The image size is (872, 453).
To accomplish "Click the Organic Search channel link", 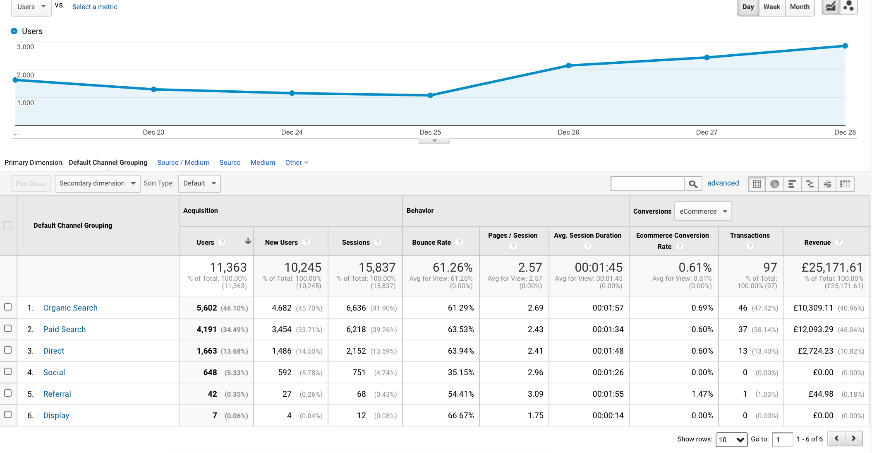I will pyautogui.click(x=70, y=308).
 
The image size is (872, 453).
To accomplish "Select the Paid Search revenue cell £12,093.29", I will pyautogui.click(x=813, y=330).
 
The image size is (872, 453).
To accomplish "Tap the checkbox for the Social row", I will pyautogui.click(x=8, y=371).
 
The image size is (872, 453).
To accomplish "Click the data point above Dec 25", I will pyautogui.click(x=430, y=95).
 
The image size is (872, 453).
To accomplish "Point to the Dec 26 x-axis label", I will pyautogui.click(x=568, y=132).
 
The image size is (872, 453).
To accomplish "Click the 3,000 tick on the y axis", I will pyautogui.click(x=25, y=47).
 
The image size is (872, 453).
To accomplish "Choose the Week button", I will pyautogui.click(x=771, y=7).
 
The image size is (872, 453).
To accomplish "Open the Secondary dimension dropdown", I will pyautogui.click(x=97, y=183).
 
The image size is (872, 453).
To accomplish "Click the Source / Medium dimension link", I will pyautogui.click(x=183, y=162).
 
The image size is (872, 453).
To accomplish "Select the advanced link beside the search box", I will pyautogui.click(x=723, y=183).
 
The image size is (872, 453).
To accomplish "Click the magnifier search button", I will pyautogui.click(x=693, y=184).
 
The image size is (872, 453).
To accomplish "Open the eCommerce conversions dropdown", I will pyautogui.click(x=703, y=211).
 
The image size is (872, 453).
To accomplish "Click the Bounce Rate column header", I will pyautogui.click(x=431, y=242).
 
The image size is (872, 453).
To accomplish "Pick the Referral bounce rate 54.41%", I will pyautogui.click(x=461, y=394).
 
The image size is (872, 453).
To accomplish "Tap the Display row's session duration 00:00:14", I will pyautogui.click(x=608, y=415).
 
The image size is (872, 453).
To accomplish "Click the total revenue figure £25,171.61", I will pyautogui.click(x=832, y=267).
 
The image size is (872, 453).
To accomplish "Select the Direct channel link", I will pyautogui.click(x=54, y=351).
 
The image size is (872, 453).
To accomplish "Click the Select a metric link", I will pyautogui.click(x=95, y=7).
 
